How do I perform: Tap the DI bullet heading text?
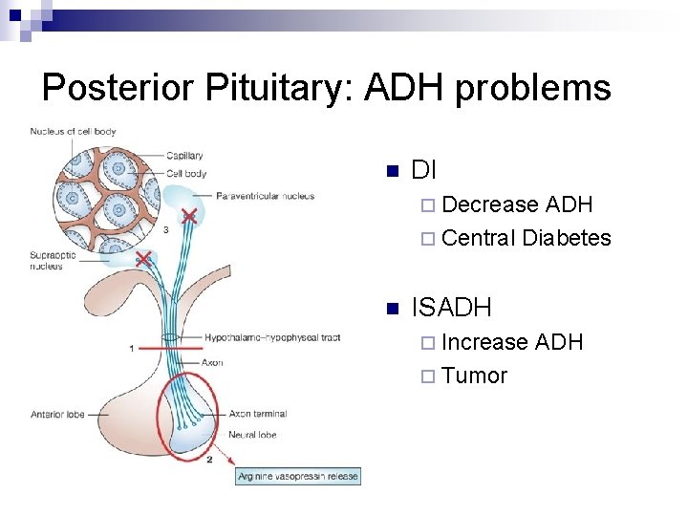pos(423,171)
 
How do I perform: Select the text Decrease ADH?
pos(517,204)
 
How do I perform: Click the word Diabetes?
pos(567,238)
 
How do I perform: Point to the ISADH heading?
pos(451,308)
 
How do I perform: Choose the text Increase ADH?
pos(512,342)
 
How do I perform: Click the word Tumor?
pos(475,376)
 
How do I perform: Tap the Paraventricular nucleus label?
pos(265,196)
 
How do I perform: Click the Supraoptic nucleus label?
pos(46,261)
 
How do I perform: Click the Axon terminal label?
pos(257,414)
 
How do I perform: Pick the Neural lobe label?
pos(252,435)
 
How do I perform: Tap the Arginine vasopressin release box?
pos(298,476)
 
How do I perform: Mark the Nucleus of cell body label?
pos(73,131)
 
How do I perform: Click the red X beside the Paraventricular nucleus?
pos(190,216)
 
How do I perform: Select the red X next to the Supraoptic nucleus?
pos(143,259)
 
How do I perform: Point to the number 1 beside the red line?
pos(132,349)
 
